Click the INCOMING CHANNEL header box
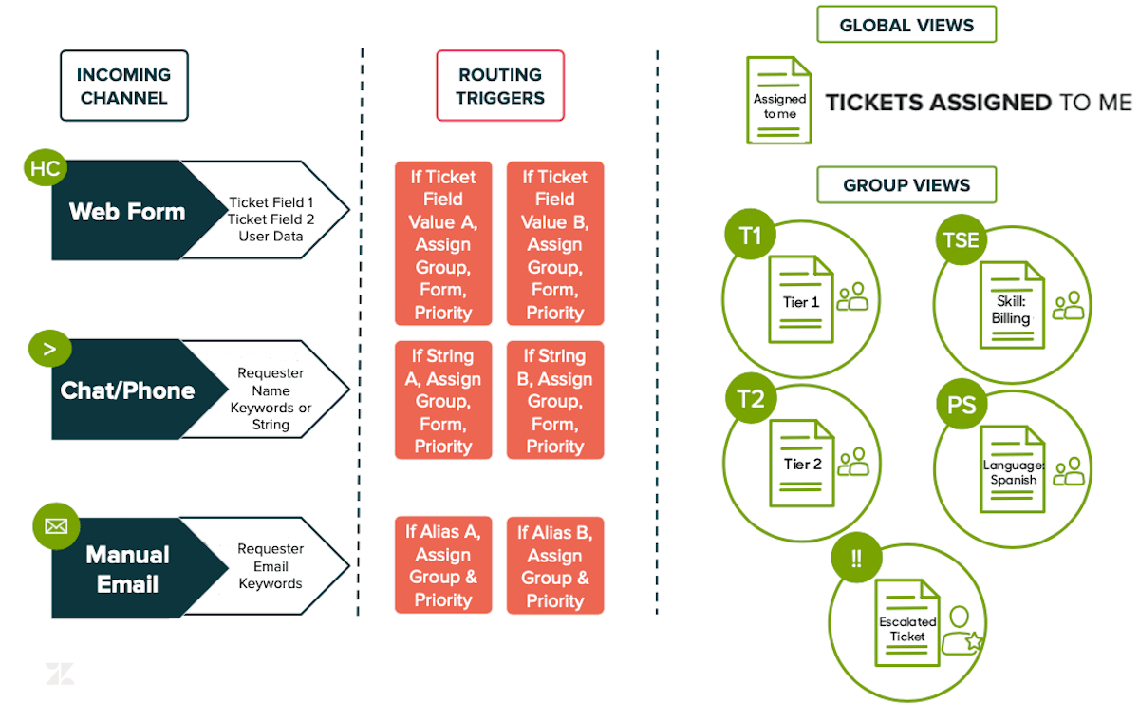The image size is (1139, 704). tap(123, 86)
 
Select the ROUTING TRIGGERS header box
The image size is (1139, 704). tap(500, 86)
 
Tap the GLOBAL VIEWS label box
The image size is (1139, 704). tap(906, 25)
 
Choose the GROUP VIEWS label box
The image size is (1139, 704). tap(906, 184)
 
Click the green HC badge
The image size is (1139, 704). tap(45, 169)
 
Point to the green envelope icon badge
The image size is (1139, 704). tap(56, 524)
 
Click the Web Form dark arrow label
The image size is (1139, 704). tap(125, 211)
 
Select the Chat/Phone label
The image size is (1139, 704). tap(125, 390)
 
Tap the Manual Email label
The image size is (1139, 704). tap(125, 568)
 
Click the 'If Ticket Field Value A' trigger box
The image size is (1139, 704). tap(443, 244)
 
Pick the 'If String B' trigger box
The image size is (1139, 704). tap(555, 400)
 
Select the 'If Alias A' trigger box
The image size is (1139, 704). tap(443, 565)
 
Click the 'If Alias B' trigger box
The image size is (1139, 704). tap(555, 566)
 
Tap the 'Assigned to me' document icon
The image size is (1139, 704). tap(779, 101)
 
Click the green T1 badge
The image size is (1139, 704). tap(750, 236)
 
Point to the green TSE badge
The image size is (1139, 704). tap(961, 240)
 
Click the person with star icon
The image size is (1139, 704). tap(960, 630)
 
